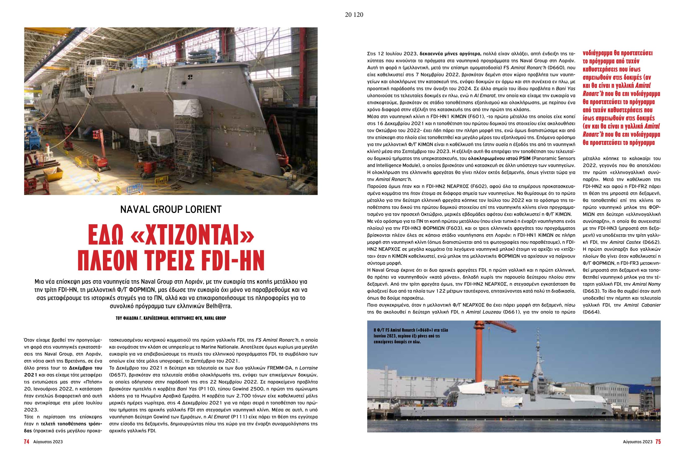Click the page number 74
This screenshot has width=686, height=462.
tap(27, 450)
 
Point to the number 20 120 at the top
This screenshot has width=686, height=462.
tap(354, 15)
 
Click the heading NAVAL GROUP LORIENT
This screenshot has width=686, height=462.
tap(171, 210)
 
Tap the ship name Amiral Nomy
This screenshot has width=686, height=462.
tap(648, 284)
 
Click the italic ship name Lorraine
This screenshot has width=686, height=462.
tap(309, 368)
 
